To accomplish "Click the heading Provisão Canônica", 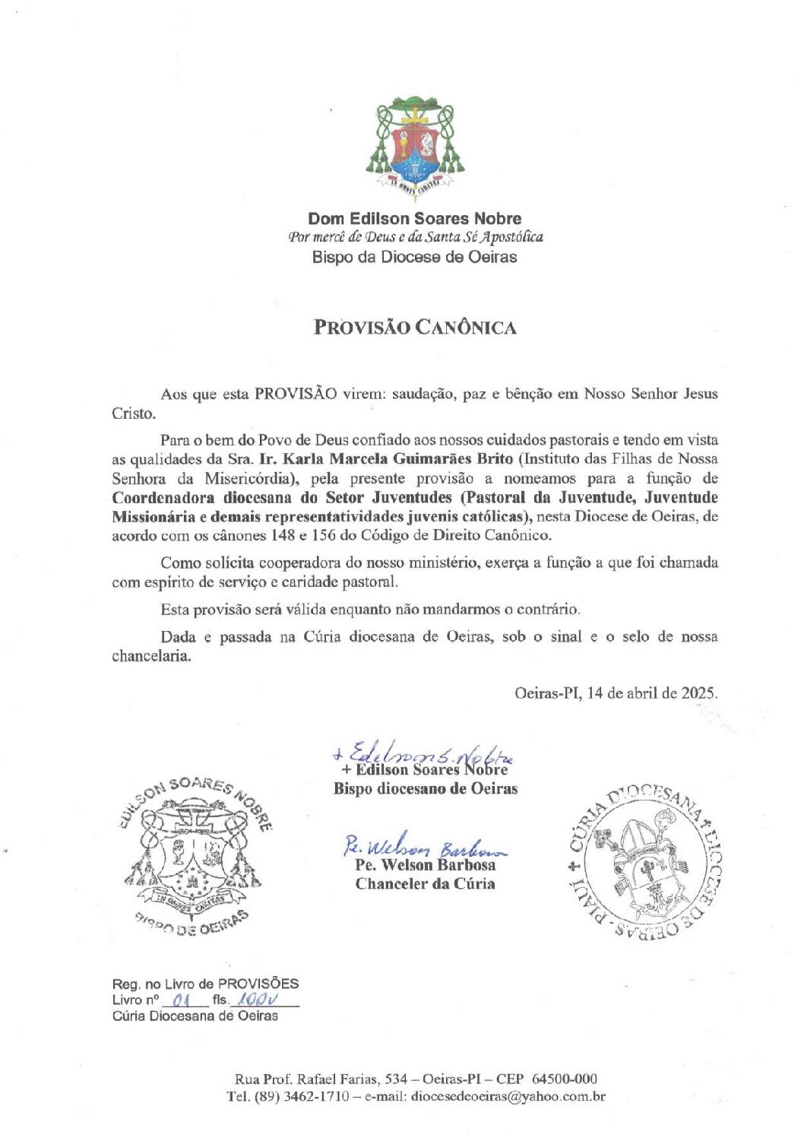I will (415, 328).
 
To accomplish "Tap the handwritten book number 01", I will (180, 1000).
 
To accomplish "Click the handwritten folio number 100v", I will (254, 1000).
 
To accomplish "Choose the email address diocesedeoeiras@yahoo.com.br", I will (508, 1097).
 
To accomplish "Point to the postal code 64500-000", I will (565, 1079).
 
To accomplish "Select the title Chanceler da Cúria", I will (425, 884).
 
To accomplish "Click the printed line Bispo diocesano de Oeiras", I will (425, 789).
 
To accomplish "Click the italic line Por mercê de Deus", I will (415, 237).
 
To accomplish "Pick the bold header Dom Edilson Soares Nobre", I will (415, 219).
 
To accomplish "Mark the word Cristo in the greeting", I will (133, 414).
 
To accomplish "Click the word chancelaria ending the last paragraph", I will (151, 656).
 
